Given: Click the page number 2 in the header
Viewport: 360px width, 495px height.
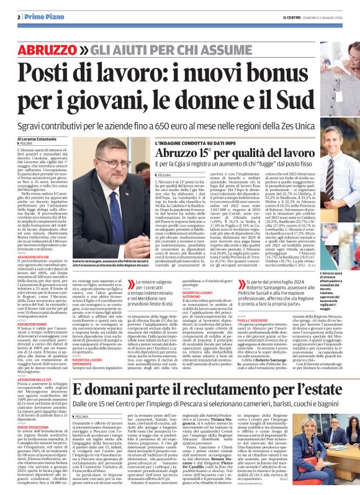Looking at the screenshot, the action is pyautogui.click(x=19, y=17).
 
